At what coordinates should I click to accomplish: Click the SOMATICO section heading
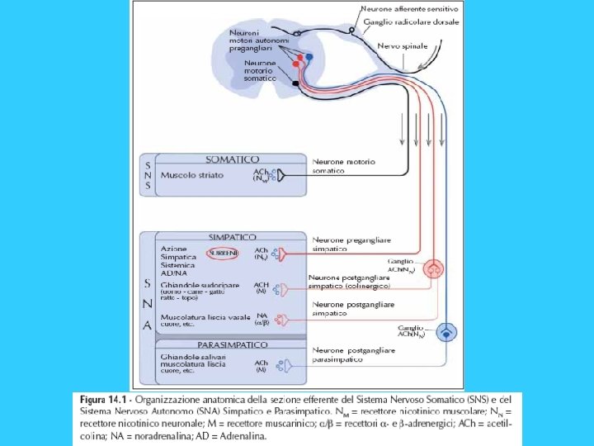(232, 159)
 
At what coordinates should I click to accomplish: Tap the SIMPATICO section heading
(232, 237)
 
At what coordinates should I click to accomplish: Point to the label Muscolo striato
(192, 176)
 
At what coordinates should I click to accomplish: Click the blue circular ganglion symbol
(446, 332)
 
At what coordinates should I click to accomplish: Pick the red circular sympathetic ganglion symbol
(434, 268)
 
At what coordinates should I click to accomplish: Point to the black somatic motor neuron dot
(295, 83)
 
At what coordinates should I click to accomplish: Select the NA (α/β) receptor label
(262, 320)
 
